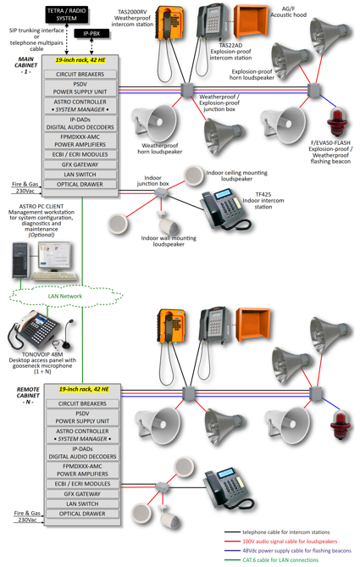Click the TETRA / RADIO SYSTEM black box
coord(67,14)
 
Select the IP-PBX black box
coord(91,34)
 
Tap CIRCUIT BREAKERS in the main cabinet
coord(80,74)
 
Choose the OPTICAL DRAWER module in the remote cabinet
coord(82,514)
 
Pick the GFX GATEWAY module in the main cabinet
coord(80,164)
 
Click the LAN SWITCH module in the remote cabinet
coord(82,503)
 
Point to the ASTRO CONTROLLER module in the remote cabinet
coord(82,435)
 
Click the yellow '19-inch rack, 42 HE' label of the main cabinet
coord(80,60)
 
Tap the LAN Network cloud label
coord(65,296)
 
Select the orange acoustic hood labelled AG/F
coord(251,22)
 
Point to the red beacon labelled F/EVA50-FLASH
coord(337,122)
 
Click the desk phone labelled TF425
coord(224,209)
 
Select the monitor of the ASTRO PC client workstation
coord(54,257)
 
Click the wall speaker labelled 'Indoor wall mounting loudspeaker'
coord(168,224)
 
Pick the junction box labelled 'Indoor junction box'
coord(161,192)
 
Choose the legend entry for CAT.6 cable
coord(271,559)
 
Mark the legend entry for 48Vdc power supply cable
coord(287,550)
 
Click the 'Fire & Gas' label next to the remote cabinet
coord(27,513)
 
